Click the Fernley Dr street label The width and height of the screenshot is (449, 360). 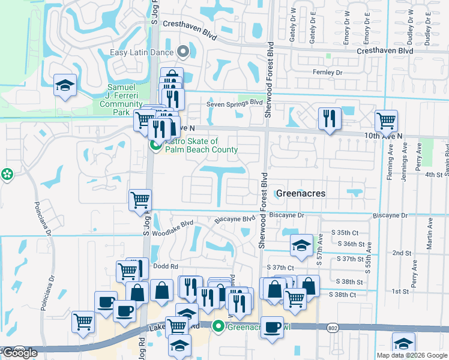[x=327, y=73]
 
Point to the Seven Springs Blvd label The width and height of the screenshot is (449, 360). [x=235, y=104]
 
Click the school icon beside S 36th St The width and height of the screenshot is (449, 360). [x=301, y=244]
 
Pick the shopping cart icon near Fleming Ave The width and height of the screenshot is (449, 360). [x=386, y=121]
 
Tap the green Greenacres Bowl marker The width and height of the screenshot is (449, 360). [x=218, y=326]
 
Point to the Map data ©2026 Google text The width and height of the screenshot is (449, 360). [x=412, y=355]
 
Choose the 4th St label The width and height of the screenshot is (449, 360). [x=433, y=175]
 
